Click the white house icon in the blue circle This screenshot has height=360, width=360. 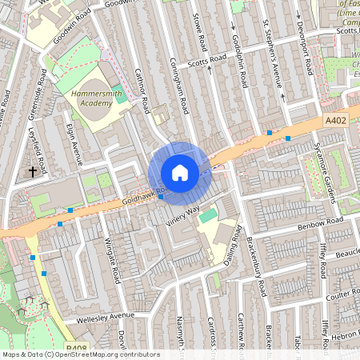pyautogui.click(x=180, y=173)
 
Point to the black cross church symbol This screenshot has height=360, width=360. pyautogui.click(x=33, y=171)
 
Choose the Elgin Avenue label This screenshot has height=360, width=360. pyautogui.click(x=74, y=144)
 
